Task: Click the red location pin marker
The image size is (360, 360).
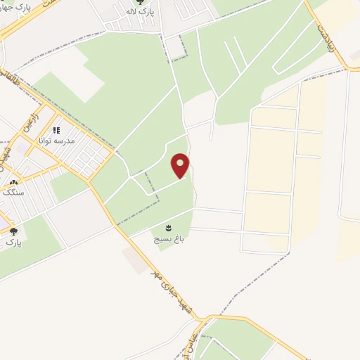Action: click(181, 167)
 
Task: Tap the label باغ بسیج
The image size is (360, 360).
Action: click(168, 239)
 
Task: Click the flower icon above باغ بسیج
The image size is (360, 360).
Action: click(168, 227)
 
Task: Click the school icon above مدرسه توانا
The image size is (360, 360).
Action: click(57, 130)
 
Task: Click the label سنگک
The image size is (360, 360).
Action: click(13, 192)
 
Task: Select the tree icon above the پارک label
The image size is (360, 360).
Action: click(13, 231)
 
